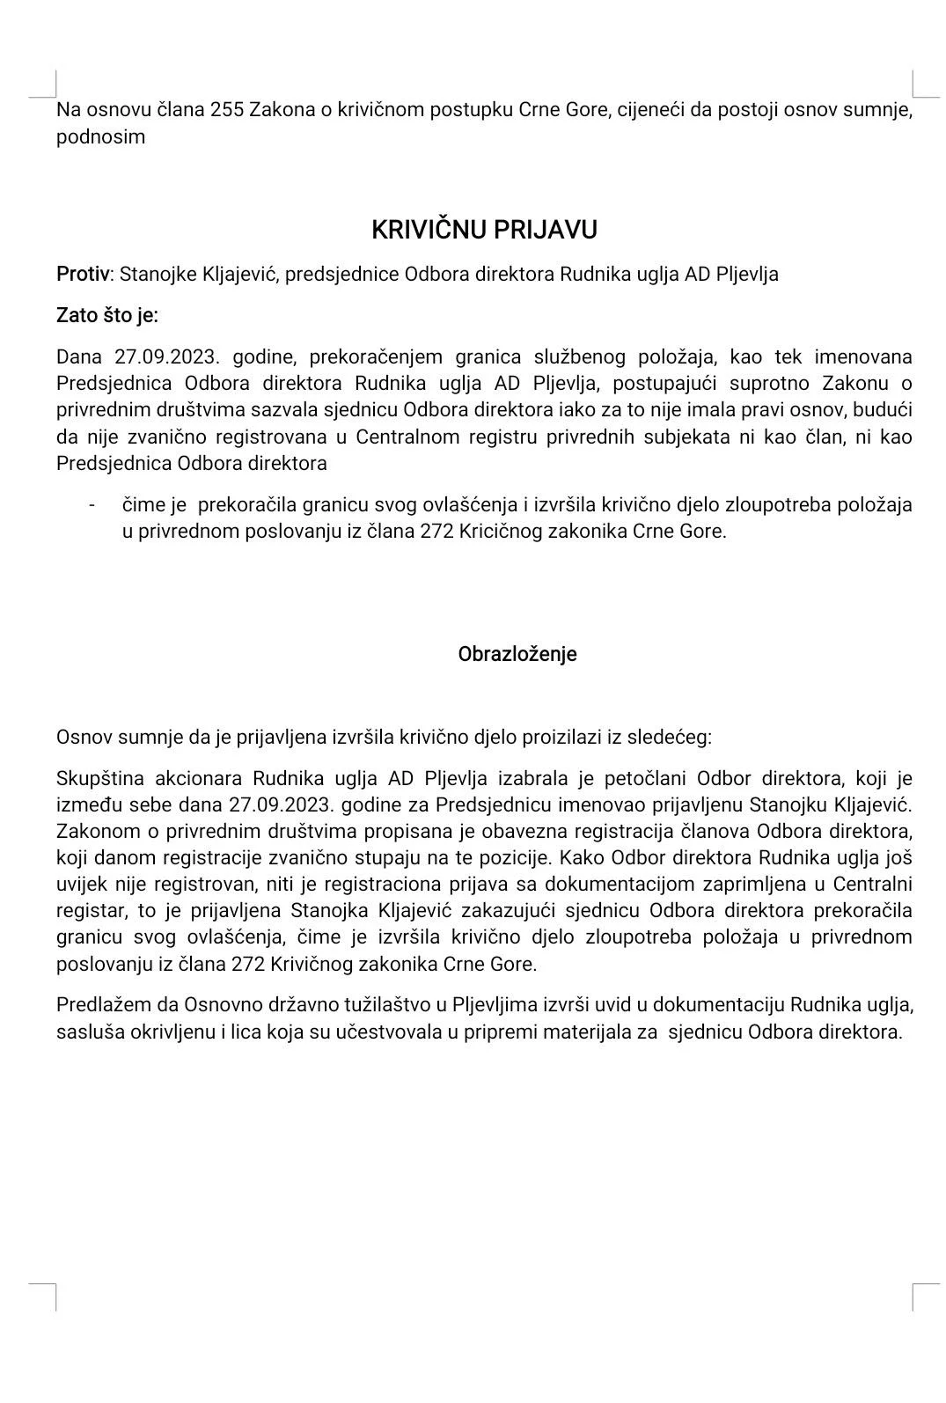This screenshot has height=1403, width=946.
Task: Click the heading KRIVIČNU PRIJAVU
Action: click(x=484, y=230)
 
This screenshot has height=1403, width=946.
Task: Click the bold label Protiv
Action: click(x=84, y=274)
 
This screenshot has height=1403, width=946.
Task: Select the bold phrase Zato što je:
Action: click(x=107, y=315)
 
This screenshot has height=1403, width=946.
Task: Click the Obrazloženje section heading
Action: click(x=517, y=654)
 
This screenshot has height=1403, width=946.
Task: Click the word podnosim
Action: click(x=100, y=137)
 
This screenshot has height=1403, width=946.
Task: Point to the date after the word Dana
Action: click(x=166, y=356)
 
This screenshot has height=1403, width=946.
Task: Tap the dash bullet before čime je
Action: click(x=92, y=505)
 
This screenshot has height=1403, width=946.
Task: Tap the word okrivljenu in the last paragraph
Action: click(x=201, y=1032)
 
